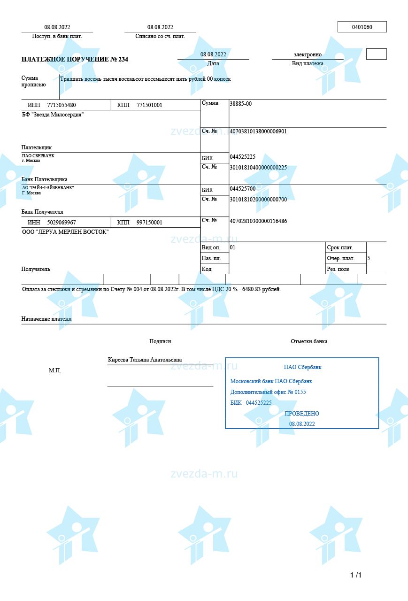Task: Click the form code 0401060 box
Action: [362, 27]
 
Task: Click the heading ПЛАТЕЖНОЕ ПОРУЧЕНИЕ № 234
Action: [75, 60]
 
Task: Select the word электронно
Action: [308, 55]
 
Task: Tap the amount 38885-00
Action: [240, 104]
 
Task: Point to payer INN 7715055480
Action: [62, 105]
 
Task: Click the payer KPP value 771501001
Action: [149, 105]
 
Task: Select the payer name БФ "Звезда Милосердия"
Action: [53, 115]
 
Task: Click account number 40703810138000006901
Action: [258, 131]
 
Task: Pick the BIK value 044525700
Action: [242, 189]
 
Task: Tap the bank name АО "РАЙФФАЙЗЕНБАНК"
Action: [48, 188]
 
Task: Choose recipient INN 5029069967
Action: [62, 223]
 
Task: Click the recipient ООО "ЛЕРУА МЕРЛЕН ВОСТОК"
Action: [65, 232]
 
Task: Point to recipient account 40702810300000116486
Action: [258, 221]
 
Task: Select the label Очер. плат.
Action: [340, 258]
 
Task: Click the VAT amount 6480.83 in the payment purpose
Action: [254, 289]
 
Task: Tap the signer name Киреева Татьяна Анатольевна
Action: [145, 360]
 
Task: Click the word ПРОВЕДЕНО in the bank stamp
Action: [302, 414]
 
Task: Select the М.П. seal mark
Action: [55, 370]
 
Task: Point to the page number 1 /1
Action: [356, 575]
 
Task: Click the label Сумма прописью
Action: [33, 81]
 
